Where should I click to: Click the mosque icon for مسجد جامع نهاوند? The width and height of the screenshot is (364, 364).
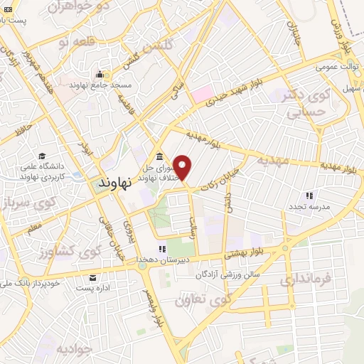pos(100,75)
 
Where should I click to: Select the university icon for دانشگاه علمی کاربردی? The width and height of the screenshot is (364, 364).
pos(42,156)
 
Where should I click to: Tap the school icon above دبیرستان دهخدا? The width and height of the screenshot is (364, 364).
pos(162,249)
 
